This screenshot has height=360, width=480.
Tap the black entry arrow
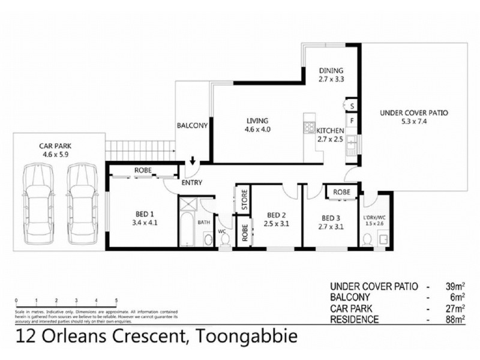click(x=193, y=161)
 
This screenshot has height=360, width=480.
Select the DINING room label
click(x=331, y=70)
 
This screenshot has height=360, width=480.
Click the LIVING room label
click(x=257, y=121)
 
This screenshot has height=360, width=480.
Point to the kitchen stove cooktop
click(x=310, y=127)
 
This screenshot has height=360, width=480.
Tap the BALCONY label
click(x=192, y=126)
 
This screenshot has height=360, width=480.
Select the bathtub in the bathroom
click(x=188, y=226)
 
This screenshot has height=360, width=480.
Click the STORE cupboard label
click(x=244, y=200)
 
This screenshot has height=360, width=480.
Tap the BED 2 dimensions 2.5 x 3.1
click(x=277, y=225)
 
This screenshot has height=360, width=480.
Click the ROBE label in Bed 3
click(x=341, y=193)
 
